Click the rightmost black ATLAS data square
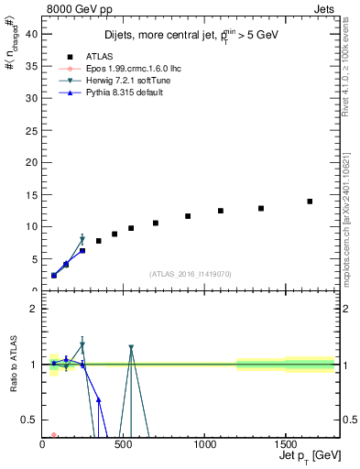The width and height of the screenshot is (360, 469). (x=310, y=202)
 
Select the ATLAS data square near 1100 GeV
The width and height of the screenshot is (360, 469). (x=221, y=211)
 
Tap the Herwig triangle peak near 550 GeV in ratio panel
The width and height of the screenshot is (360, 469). (x=131, y=348)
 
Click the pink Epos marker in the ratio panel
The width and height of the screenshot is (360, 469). (x=54, y=435)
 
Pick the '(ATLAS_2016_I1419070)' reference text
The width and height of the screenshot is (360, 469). (x=191, y=273)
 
